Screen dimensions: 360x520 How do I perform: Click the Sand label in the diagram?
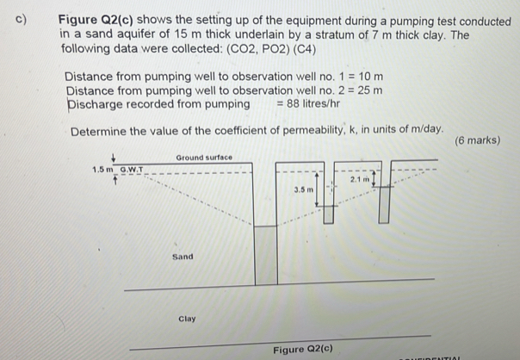tap(183, 257)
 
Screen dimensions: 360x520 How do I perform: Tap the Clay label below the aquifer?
tap(187, 319)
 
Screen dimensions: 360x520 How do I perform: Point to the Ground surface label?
tap(204, 158)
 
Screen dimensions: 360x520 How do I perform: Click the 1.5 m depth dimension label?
tap(102, 170)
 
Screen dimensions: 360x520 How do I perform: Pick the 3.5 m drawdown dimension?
tap(302, 188)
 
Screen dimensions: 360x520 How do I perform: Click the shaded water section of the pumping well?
tap(267, 255)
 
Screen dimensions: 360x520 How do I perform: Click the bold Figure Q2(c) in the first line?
tap(96, 19)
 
